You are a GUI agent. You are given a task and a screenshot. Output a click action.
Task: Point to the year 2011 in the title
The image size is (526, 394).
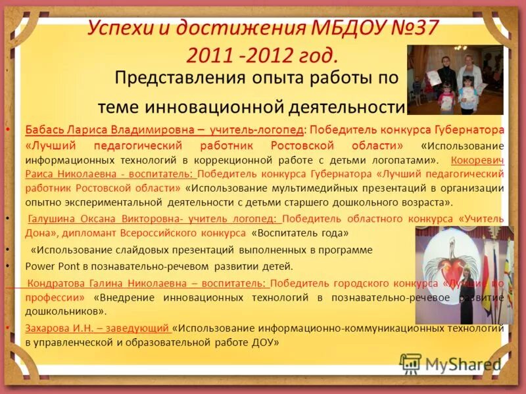pyautogui.click(x=209, y=55)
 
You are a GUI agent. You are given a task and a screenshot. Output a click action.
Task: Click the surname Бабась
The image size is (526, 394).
pyautogui.click(x=44, y=129)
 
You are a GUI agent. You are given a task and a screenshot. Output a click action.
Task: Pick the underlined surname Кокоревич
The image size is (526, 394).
pyautogui.click(x=478, y=160)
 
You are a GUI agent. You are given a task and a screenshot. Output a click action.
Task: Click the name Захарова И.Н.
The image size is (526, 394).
pyautogui.click(x=57, y=329)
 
